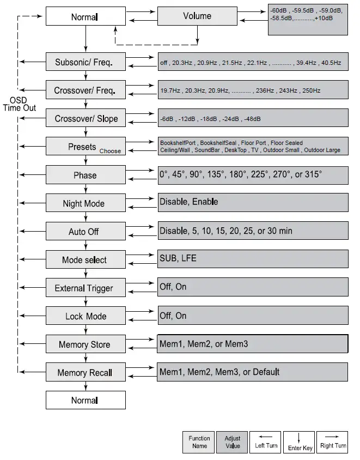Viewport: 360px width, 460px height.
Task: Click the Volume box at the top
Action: click(197, 16)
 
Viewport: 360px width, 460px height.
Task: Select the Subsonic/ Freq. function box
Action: click(86, 62)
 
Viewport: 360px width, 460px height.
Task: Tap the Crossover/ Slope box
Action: click(86, 118)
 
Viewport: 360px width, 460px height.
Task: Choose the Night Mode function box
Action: click(86, 203)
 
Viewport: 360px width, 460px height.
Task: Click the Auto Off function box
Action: click(86, 232)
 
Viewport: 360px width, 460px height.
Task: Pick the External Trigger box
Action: click(86, 288)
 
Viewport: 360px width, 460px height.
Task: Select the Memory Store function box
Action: click(86, 344)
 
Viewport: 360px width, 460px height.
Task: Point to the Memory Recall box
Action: click(86, 373)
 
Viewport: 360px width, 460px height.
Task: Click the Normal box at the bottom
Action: click(86, 401)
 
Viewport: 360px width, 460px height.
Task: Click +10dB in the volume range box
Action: click(324, 18)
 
